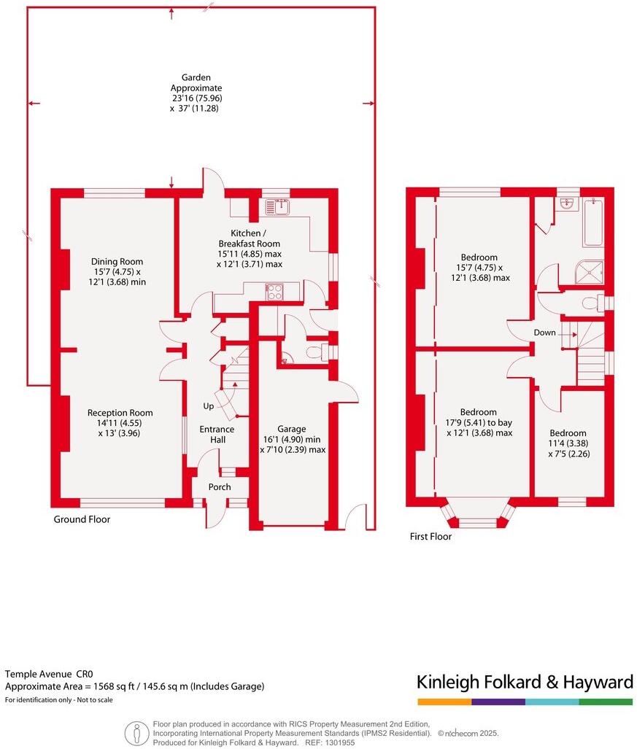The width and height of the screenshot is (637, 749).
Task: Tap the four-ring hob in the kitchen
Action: pos(274,292)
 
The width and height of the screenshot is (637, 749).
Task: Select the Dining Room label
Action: pos(117,262)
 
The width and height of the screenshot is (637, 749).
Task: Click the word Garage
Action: pos(292,429)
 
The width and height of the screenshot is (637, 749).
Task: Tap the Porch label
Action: pos(220,487)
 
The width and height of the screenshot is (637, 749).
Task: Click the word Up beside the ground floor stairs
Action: pos(209,405)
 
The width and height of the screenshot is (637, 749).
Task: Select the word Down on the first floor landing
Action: pos(544,333)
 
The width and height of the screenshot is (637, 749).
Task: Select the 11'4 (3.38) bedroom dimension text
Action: pos(568,443)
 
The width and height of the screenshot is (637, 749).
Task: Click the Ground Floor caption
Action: pos(82,520)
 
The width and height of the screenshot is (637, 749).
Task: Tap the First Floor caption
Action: pos(431,537)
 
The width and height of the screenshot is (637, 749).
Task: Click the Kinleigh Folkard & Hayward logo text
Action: pos(524,683)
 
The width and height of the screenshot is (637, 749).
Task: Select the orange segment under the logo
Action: pos(444,702)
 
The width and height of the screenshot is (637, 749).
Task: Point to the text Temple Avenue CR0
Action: pos(50,675)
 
